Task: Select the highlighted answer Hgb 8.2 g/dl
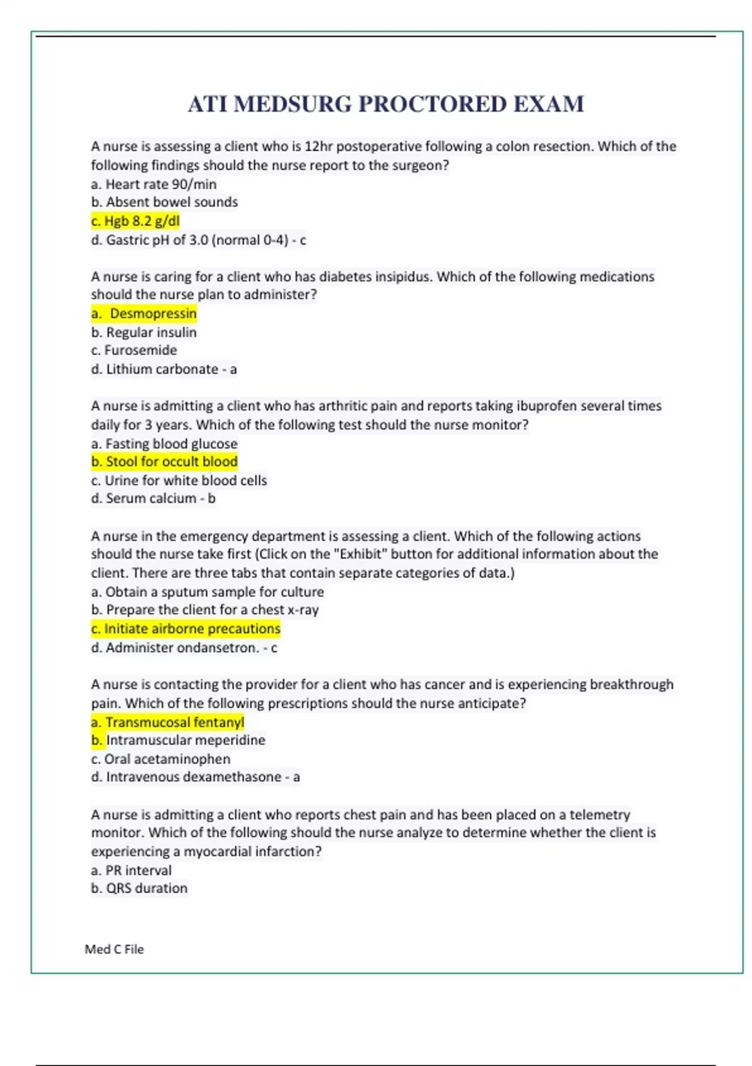pos(136,221)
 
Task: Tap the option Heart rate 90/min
pos(154,184)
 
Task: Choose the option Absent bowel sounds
pos(165,202)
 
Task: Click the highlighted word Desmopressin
pos(153,314)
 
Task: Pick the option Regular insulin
pos(144,332)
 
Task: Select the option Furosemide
pos(134,350)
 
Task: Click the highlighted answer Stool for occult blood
pos(165,462)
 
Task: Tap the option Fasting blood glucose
pos(165,444)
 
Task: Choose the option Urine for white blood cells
pos(179,480)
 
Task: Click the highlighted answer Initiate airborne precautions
pos(186,628)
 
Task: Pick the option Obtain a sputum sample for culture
pos(207,592)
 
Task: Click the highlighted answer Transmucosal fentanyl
pos(168,722)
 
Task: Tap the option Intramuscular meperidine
pos(179,741)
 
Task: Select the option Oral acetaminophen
pos(161,759)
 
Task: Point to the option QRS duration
pos(140,889)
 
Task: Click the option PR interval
pos(132,870)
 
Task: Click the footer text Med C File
pos(114,949)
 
